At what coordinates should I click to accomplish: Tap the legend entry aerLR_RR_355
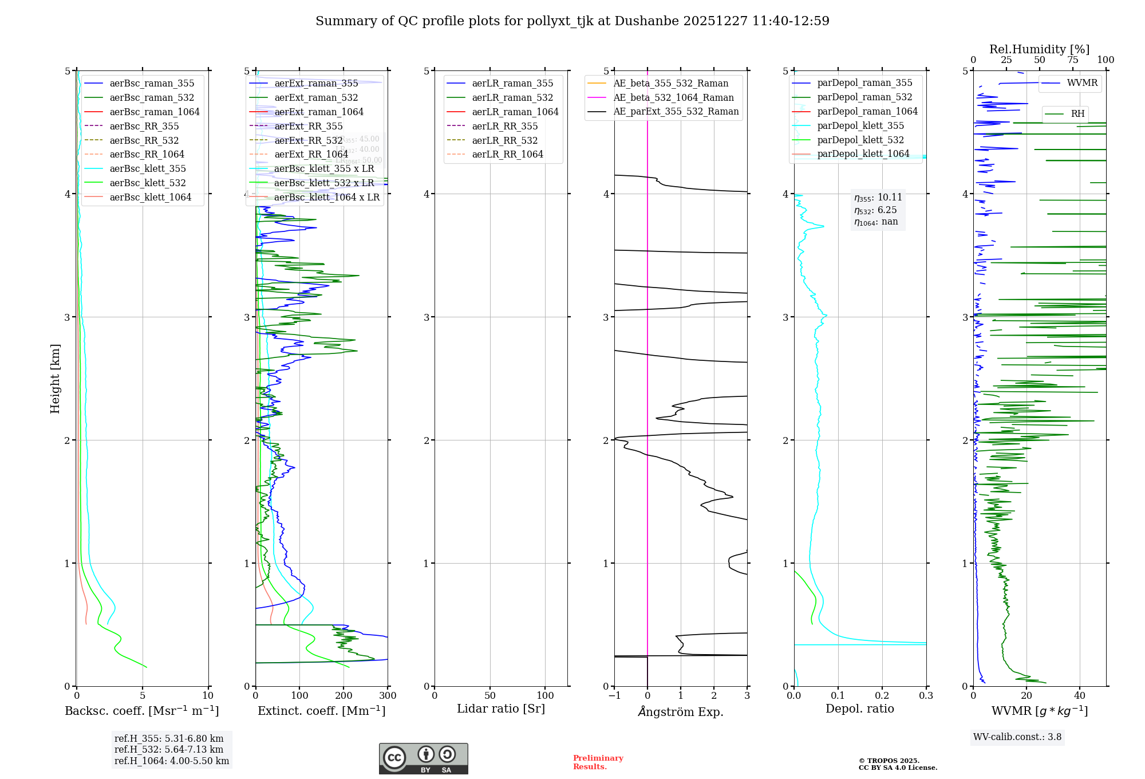pyautogui.click(x=504, y=126)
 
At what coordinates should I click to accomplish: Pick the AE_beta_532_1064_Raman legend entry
pyautogui.click(x=673, y=97)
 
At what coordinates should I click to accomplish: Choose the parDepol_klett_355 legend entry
pyautogui.click(x=860, y=125)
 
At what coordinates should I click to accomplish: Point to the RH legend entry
pyautogui.click(x=1077, y=113)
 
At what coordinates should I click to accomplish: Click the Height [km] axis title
pyautogui.click(x=55, y=379)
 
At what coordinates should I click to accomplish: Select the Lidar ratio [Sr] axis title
pyautogui.click(x=501, y=709)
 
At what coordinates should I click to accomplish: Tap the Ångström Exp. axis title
pyautogui.click(x=681, y=711)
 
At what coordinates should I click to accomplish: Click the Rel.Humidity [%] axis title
pyautogui.click(x=1039, y=49)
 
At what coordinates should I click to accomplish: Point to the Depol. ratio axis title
pyautogui.click(x=859, y=709)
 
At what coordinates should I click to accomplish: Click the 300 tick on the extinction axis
pyautogui.click(x=388, y=696)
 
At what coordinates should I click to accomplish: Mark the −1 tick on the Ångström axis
pyautogui.click(x=614, y=696)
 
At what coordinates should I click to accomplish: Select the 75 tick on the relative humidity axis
pyautogui.click(x=1072, y=60)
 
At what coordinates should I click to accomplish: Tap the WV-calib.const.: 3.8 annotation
pyautogui.click(x=1017, y=737)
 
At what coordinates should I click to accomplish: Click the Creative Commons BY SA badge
pyautogui.click(x=423, y=758)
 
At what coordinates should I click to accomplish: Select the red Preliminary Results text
pyautogui.click(x=598, y=762)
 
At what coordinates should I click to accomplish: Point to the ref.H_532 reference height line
pyautogui.click(x=169, y=749)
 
